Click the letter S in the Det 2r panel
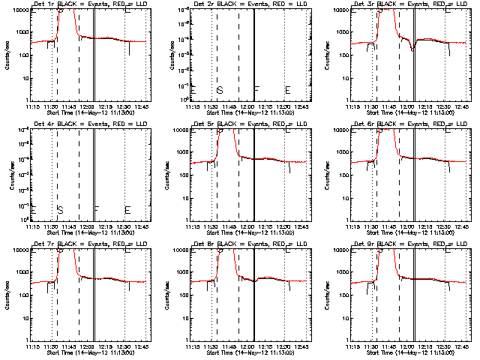(x=220, y=90)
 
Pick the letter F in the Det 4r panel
(x=97, y=210)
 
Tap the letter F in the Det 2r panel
(x=257, y=90)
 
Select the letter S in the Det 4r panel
(x=59, y=210)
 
